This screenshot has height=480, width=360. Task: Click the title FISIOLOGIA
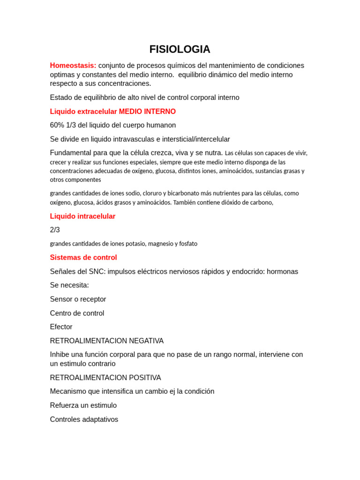180,49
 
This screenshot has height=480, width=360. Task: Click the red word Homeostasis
73,66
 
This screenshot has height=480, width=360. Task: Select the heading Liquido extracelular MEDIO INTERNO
113,112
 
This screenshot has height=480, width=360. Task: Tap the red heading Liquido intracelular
82,216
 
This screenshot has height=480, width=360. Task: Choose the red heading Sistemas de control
83,257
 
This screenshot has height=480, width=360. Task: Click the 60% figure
58,125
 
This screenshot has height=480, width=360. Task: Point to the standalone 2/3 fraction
55,230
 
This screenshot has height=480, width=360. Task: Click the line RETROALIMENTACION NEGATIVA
107,341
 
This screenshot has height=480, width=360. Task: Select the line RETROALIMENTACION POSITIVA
105,378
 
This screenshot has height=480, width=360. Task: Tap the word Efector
61,327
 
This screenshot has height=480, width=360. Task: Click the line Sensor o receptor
78,299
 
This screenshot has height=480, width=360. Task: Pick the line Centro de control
77,313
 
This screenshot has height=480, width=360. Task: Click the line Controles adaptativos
84,420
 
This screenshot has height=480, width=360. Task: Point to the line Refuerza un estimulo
83,405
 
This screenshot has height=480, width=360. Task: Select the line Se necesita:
69,285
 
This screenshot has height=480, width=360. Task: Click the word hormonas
282,271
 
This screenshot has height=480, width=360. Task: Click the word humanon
162,125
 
